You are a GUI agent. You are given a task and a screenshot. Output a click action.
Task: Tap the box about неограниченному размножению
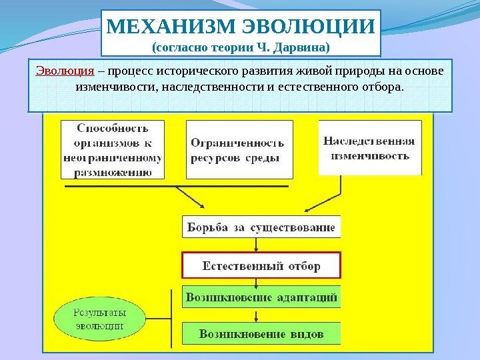point(112,149)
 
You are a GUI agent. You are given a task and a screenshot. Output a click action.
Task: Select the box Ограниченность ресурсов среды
point(239,149)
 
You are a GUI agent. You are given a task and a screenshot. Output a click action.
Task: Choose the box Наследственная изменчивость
point(370,147)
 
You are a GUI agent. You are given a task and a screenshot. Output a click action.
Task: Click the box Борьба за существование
point(261,227)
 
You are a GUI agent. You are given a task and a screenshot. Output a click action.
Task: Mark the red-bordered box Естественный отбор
point(261,265)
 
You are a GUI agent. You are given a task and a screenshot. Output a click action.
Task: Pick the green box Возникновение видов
point(261,333)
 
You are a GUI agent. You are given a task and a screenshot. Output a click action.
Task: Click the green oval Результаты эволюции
point(98,318)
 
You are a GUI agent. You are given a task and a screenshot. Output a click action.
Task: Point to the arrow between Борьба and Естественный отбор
point(261,245)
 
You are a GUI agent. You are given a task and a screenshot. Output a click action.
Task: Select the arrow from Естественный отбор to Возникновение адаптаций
point(261,282)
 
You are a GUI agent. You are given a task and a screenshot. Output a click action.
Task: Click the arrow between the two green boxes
point(261,315)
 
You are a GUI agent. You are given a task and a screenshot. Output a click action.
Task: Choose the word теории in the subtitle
point(223,48)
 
